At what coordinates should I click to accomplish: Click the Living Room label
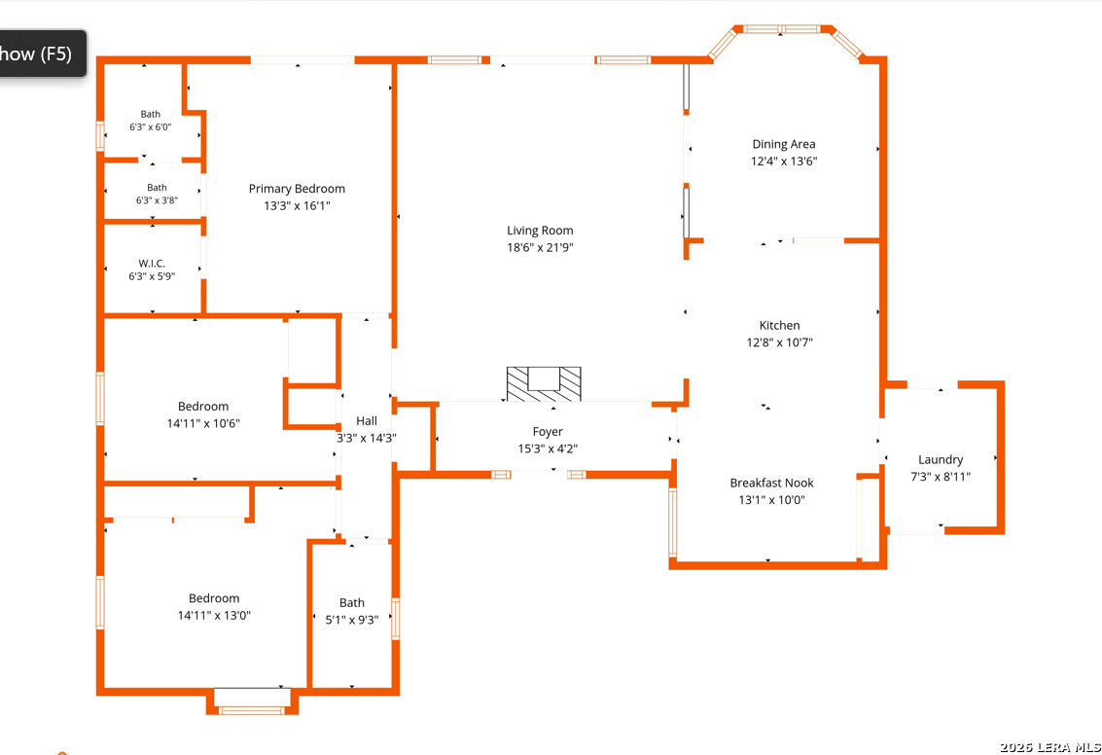540,231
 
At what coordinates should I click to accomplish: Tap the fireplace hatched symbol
544,384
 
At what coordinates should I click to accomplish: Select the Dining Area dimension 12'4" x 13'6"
784,161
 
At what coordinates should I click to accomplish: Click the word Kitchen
779,326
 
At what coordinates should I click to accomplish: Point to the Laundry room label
941,460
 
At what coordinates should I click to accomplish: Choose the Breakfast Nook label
771,483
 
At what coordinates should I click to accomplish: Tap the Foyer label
548,432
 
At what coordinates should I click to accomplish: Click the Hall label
366,421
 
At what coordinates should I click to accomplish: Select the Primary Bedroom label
297,189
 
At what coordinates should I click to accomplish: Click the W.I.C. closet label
152,264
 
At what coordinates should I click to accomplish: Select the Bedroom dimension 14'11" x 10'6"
203,424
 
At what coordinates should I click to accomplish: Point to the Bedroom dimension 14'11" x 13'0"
214,616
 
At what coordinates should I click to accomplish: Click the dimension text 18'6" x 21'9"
540,247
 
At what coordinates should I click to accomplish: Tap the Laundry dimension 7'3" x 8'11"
941,477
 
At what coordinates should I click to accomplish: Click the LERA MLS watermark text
1050,747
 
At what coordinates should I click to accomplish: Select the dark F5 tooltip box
42,54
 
